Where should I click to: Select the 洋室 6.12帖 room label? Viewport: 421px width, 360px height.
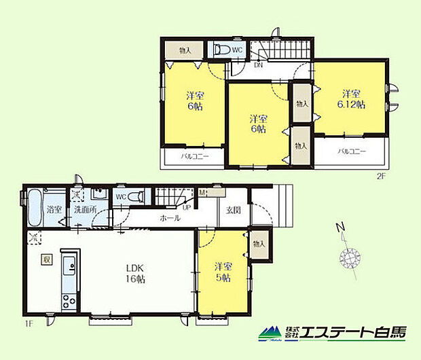point(351,99)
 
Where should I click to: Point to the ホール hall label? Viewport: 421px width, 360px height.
point(170,218)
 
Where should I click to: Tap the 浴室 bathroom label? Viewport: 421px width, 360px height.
point(55,210)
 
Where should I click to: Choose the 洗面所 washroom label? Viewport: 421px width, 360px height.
point(86,210)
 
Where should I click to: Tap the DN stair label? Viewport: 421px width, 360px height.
point(259,66)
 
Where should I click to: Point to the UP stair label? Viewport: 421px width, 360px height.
point(186,207)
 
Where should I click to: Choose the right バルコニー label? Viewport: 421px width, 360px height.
point(352,151)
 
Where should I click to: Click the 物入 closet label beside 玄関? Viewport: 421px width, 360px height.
point(259,244)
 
